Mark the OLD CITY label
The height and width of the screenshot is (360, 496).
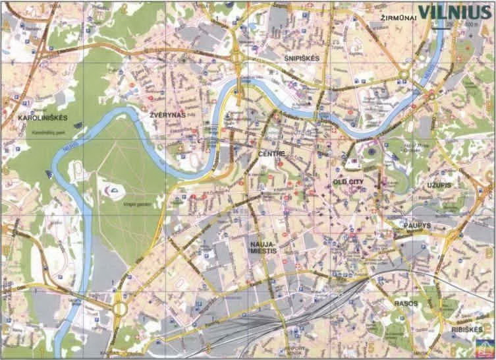[x=348, y=180]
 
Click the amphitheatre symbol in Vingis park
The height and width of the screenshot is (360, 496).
[x=113, y=192]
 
